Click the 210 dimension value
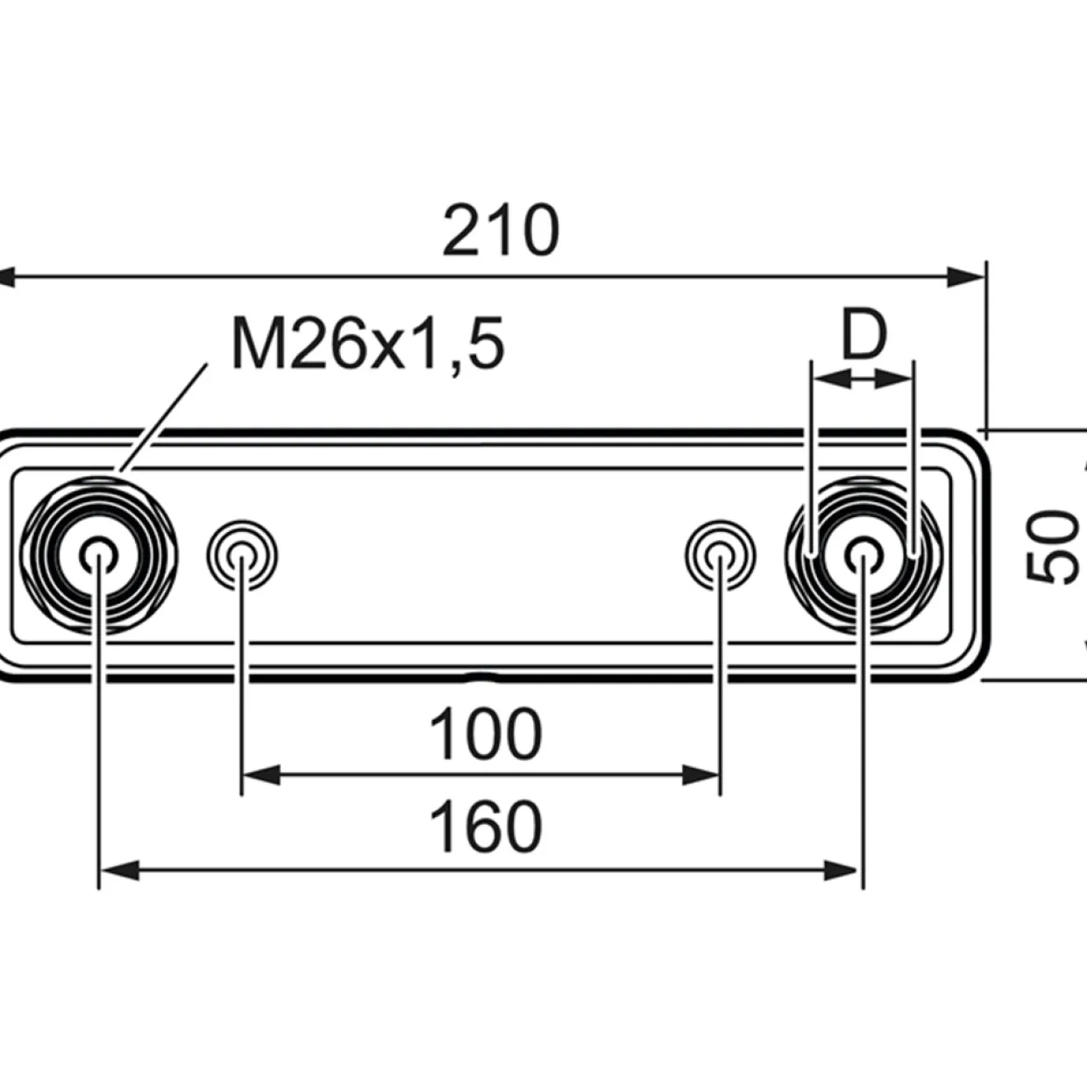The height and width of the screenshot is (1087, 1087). pyautogui.click(x=501, y=231)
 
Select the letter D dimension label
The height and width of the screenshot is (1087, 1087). pyautogui.click(x=863, y=334)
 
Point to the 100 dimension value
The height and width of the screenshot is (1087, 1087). pyautogui.click(x=486, y=735)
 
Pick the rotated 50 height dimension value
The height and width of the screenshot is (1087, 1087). pyautogui.click(x=1051, y=546)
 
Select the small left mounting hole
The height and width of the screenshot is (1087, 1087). pyautogui.click(x=242, y=555)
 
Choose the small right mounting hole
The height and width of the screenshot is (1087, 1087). pyautogui.click(x=721, y=555)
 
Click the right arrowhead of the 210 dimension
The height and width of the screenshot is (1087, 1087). pyautogui.click(x=966, y=277)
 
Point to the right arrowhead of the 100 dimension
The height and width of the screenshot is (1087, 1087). pyautogui.click(x=700, y=775)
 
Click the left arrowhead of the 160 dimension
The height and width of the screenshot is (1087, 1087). pyautogui.click(x=119, y=870)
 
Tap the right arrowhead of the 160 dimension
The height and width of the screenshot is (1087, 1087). pyautogui.click(x=842, y=870)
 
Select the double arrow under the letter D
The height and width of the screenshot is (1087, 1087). pyautogui.click(x=863, y=379)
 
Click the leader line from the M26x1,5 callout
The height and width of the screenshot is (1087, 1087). pyautogui.click(x=161, y=417)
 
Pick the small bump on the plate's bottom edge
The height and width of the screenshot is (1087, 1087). pyautogui.click(x=480, y=677)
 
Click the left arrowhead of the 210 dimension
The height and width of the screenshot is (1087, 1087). pyautogui.click(x=5, y=277)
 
